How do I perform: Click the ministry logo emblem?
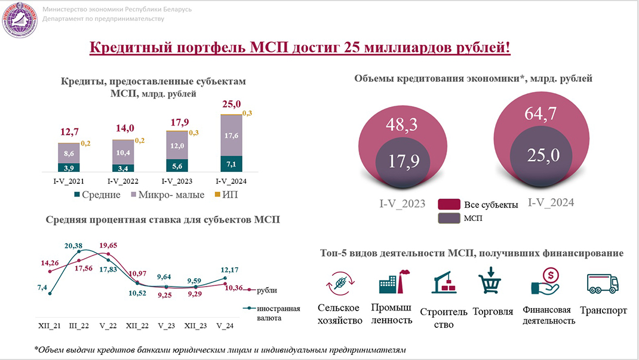point(20,20)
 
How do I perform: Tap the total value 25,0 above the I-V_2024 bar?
point(232,105)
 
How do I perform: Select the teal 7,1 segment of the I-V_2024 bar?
point(232,164)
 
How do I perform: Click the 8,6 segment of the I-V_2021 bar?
point(69,153)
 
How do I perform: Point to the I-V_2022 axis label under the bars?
point(124,181)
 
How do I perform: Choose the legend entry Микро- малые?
point(170,195)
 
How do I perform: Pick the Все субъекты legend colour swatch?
point(448,205)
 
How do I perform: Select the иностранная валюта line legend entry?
point(275,313)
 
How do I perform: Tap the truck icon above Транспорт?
point(603,285)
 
